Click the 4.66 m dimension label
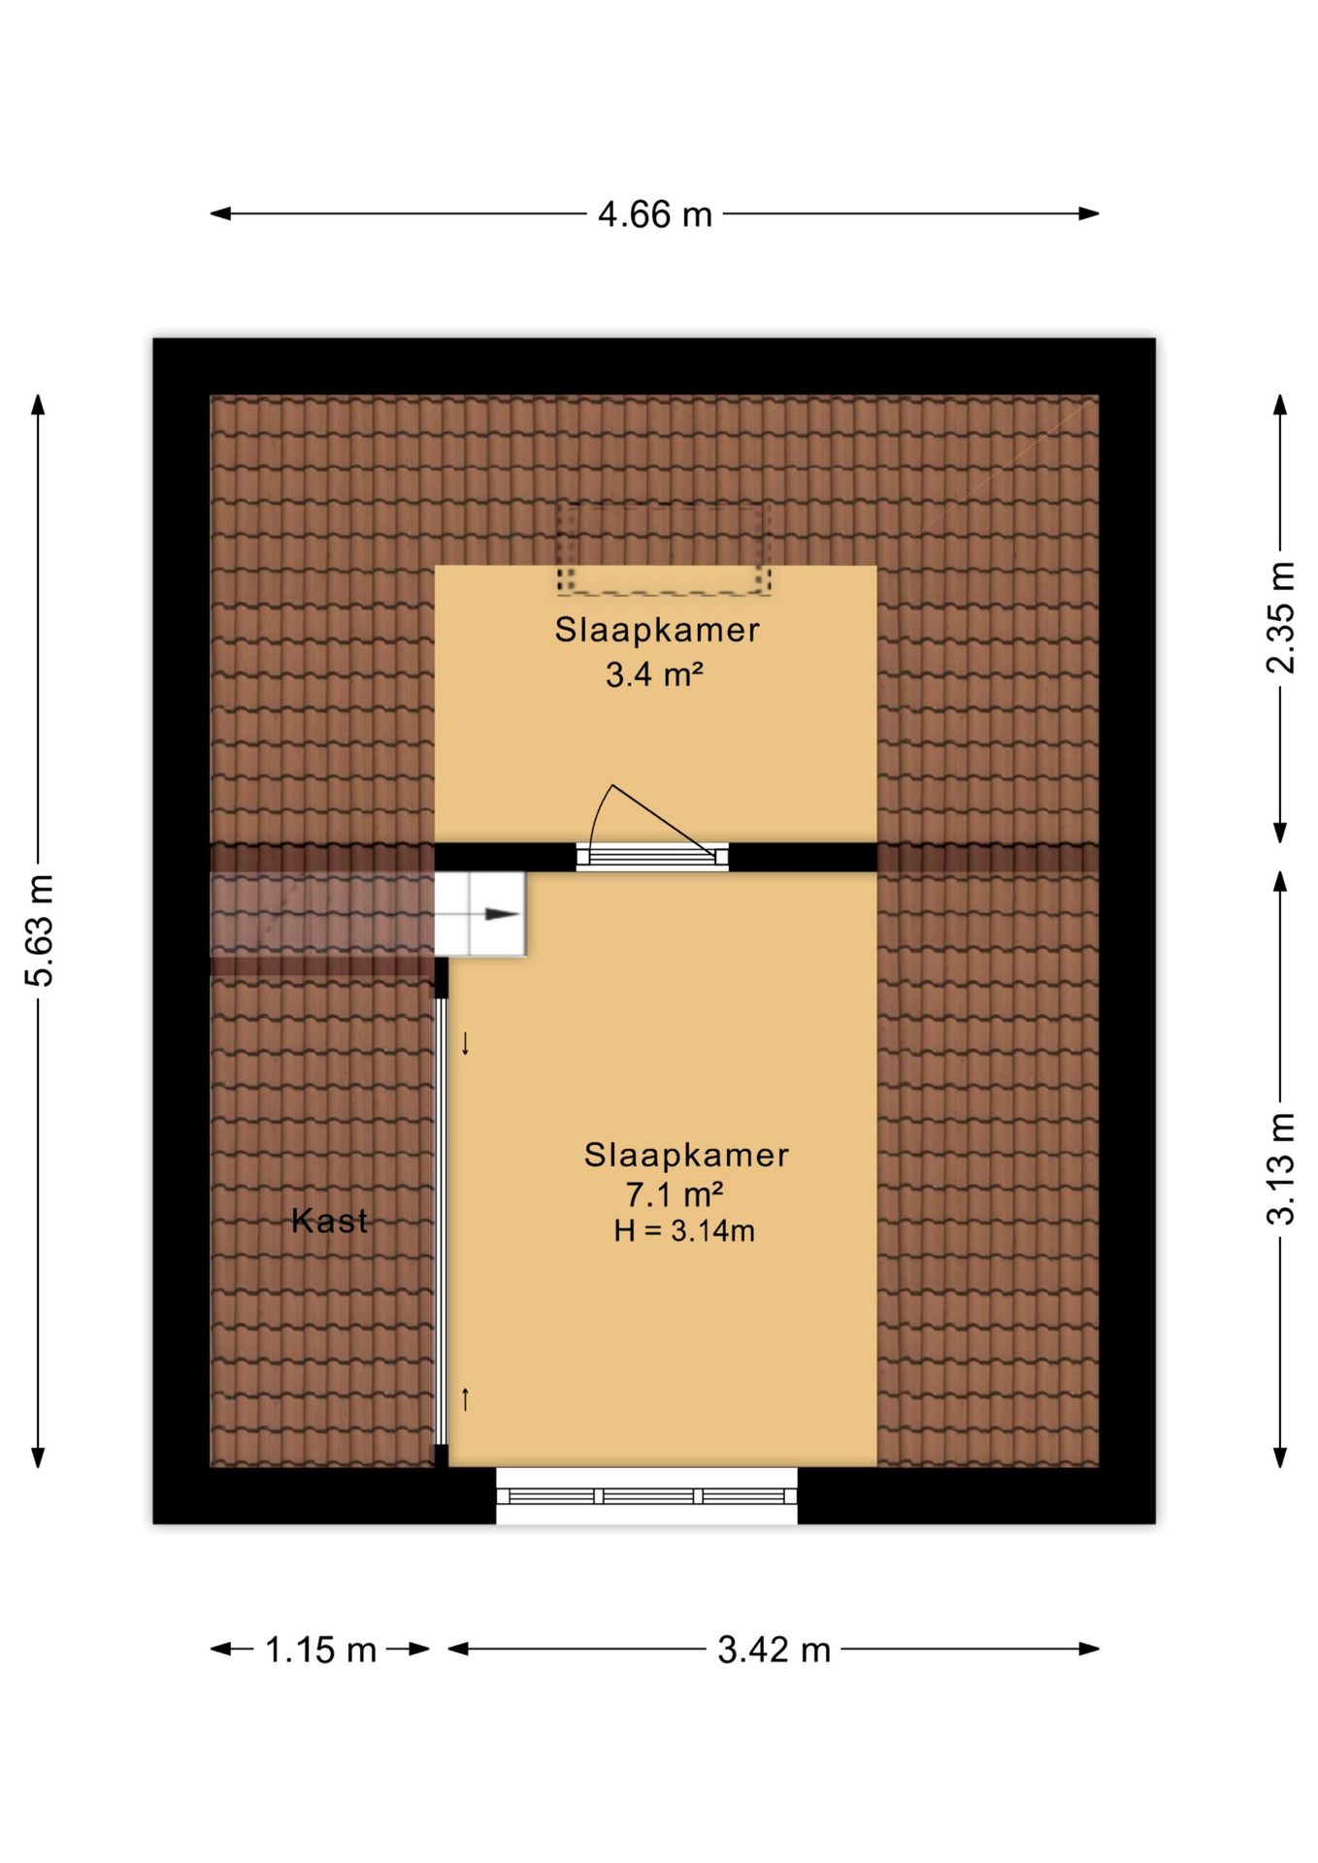pos(654,214)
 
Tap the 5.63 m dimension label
pos(40,930)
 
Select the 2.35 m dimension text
pos(1280,617)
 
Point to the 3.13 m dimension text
pos(1280,1168)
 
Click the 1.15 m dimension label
pos(320,1650)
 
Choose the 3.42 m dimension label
pos(774,1650)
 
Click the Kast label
pos(330,1221)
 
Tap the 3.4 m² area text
pos(654,674)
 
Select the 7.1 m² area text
pos(675,1193)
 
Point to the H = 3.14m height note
pos(684,1231)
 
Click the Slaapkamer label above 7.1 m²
pos(686,1155)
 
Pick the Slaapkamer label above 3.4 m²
pos(657,630)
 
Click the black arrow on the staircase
pos(502,914)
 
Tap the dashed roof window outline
pos(664,548)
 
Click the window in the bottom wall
pos(646,1496)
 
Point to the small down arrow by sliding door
pos(466,1043)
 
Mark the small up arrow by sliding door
pos(466,1399)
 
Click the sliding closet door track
pos(441,1223)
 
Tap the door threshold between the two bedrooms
pos(652,857)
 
